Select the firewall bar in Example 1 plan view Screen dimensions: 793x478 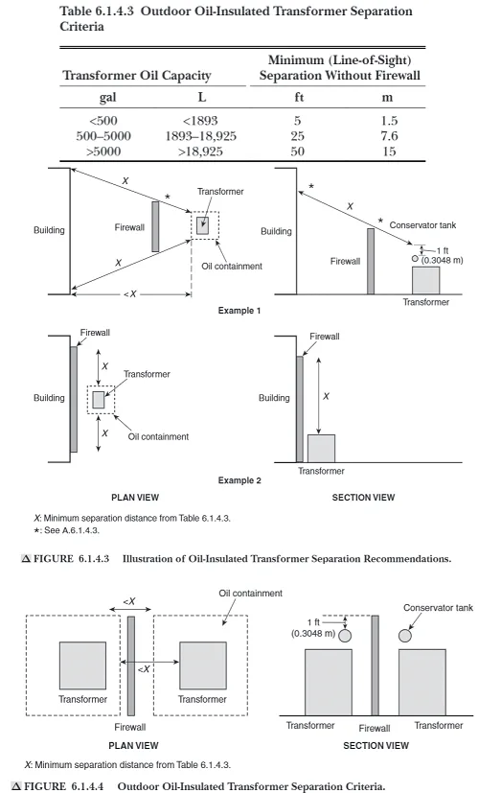(155, 226)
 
